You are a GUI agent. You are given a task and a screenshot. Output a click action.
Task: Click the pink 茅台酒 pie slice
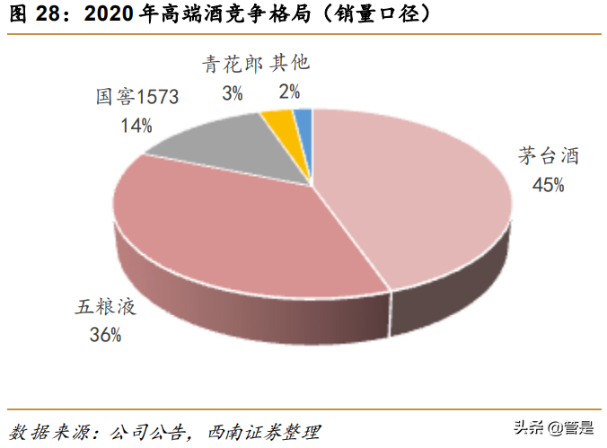tap(413, 198)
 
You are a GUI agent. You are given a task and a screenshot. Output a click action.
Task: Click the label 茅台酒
tap(547, 157)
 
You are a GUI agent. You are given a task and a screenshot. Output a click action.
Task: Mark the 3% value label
tap(232, 92)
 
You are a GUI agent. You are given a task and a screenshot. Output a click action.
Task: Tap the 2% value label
tap(289, 92)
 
